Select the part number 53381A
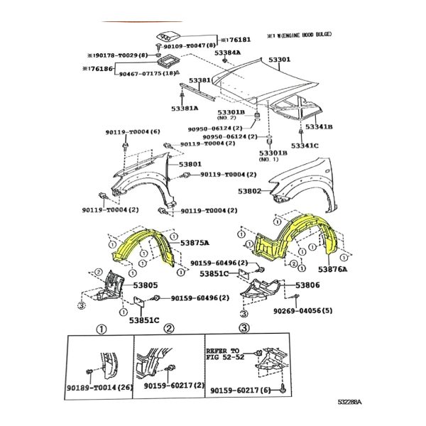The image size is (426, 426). pyautogui.click(x=185, y=109)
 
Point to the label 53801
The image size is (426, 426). pyautogui.click(x=190, y=165)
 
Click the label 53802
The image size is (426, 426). pyautogui.click(x=250, y=191)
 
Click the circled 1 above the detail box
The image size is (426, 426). pyautogui.click(x=101, y=329)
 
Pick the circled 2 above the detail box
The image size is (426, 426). pyautogui.click(x=169, y=329)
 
